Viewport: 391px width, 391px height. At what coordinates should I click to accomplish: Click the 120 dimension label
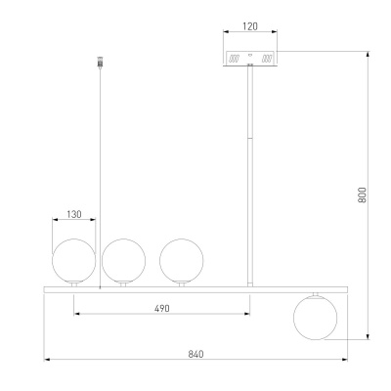(250, 26)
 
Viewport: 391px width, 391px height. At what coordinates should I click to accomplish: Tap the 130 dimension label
(74, 214)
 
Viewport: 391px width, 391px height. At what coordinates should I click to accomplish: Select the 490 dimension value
(162, 308)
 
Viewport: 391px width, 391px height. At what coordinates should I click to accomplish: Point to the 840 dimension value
(195, 354)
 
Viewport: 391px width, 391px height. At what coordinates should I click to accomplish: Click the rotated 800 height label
(362, 195)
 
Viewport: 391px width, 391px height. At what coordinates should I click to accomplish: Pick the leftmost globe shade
(74, 260)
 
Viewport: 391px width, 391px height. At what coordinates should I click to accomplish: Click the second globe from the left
(123, 260)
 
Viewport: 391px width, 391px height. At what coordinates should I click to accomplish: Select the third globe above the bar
(182, 260)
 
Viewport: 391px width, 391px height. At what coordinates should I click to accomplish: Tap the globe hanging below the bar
(315, 318)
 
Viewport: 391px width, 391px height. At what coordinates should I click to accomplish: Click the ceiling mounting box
(250, 59)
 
